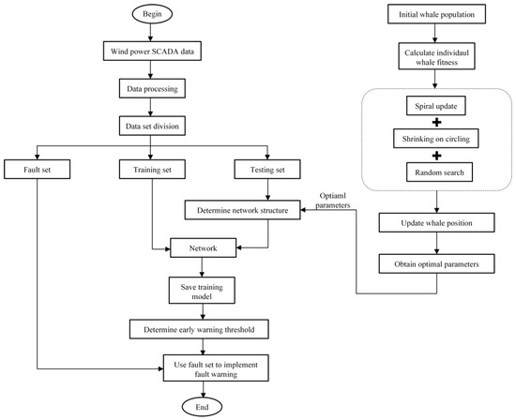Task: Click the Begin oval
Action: pos(152,14)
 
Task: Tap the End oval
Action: pos(202,407)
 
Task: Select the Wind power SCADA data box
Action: pos(152,51)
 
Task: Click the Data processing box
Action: pos(152,88)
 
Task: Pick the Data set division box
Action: pos(152,126)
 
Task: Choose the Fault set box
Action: pos(38,170)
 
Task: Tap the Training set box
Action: pos(152,170)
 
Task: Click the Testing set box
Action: pos(267,170)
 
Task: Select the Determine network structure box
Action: pos(243,210)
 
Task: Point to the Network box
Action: pos(203,247)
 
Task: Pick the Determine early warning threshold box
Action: pos(199,329)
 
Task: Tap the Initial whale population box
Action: pos(436,14)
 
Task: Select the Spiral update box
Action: pos(435,106)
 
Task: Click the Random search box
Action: pos(439,172)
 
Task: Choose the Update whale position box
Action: pos(436,223)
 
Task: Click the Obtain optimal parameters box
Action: pos(436,263)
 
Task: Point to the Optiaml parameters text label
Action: pos(333,201)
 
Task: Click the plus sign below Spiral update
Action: pos(436,123)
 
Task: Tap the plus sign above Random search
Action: pos(436,156)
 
